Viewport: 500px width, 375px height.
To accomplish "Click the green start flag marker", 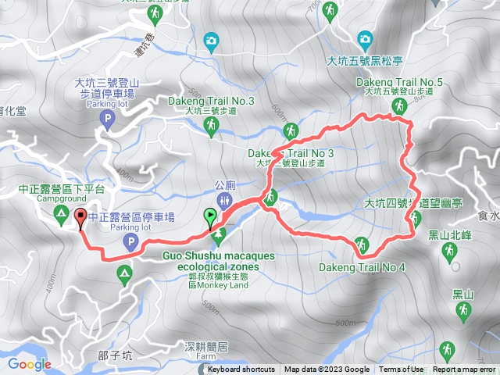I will [x=210, y=216].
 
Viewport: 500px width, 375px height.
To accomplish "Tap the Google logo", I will [x=29, y=364].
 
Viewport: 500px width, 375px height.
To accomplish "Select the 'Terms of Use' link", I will [x=402, y=370].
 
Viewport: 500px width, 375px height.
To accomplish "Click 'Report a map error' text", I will [x=464, y=370].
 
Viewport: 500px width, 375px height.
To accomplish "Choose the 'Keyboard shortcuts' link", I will [x=241, y=370].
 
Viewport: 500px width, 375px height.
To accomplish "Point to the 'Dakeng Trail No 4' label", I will [x=362, y=267].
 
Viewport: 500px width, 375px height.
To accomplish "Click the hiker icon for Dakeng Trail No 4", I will [x=361, y=244].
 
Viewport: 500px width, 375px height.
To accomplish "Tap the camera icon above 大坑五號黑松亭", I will [x=364, y=38].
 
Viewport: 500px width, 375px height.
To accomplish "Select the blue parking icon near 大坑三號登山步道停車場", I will [x=109, y=119].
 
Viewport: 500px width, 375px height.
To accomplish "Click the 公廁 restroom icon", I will [x=225, y=201].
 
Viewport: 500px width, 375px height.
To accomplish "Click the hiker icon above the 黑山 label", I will [x=462, y=312].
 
